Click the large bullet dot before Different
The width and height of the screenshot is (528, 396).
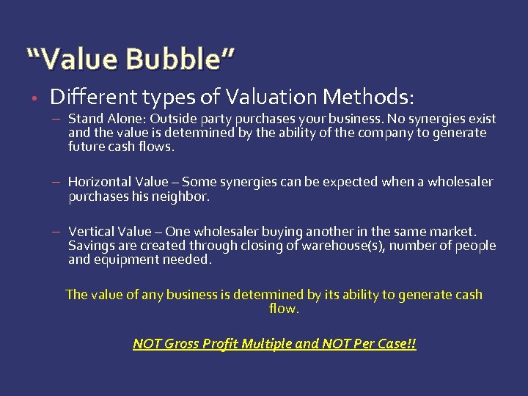coord(34,97)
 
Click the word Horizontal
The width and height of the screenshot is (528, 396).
coord(100,182)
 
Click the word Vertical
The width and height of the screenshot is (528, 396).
coord(92,232)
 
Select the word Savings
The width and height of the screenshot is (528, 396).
coord(92,246)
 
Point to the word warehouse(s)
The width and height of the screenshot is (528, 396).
coord(342,246)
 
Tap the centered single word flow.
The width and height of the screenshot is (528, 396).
coord(285,309)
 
